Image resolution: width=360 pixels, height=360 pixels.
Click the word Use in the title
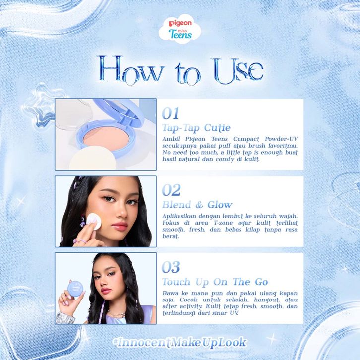tap(239, 70)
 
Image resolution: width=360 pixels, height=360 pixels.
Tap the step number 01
tap(170, 113)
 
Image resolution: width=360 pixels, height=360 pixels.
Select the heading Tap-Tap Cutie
tap(196, 128)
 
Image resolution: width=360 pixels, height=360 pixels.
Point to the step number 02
tap(171, 190)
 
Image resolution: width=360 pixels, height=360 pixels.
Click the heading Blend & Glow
tap(197, 205)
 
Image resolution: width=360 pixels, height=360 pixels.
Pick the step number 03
tap(171, 267)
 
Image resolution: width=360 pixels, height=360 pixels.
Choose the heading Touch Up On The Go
tap(215, 282)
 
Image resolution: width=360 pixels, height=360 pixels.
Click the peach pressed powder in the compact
tap(107, 139)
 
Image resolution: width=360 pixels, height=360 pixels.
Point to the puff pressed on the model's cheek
tap(94, 221)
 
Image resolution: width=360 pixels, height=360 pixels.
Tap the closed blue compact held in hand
tap(75, 289)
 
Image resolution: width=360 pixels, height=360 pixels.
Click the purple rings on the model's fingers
tap(80, 241)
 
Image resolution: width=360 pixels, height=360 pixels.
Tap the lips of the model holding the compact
tap(106, 291)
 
